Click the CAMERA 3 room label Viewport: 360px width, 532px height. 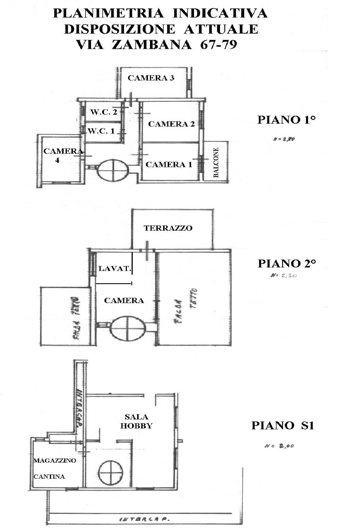(151, 78)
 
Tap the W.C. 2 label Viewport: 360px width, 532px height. (104, 112)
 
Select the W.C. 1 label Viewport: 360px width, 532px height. (101, 131)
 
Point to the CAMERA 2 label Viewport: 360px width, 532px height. (171, 124)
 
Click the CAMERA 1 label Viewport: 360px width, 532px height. (168, 165)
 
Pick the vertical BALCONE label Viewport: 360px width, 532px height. (216, 163)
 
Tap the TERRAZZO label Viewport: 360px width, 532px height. (168, 228)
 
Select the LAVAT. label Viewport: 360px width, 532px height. (115, 268)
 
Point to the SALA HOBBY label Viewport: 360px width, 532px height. (136, 421)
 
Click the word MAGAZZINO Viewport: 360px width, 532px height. (54, 461)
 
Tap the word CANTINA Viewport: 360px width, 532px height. (49, 477)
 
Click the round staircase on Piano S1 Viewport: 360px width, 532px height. (111, 472)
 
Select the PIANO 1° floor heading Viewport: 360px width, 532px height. (286, 120)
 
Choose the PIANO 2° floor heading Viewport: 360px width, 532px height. (287, 264)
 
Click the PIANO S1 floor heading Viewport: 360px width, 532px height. (282, 425)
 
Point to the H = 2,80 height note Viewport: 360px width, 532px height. (284, 140)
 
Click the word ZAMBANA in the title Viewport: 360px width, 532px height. (152, 45)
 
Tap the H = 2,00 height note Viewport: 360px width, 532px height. (279, 446)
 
